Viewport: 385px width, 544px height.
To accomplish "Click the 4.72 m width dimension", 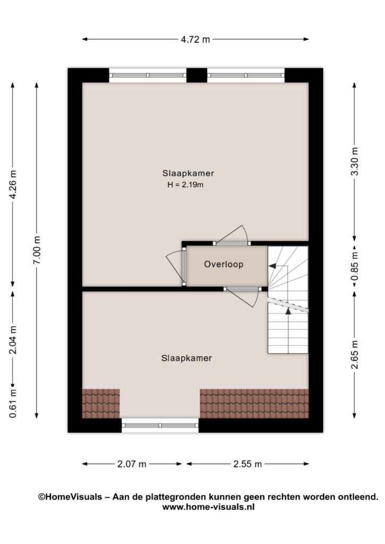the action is (195, 39).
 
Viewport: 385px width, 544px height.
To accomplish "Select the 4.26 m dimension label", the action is (13, 184).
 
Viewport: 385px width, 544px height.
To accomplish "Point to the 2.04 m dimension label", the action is (13, 339).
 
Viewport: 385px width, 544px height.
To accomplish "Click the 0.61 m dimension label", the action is (13, 403).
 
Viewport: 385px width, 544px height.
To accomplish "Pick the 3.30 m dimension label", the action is (355, 161).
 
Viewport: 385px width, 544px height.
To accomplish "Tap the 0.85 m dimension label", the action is (355, 266).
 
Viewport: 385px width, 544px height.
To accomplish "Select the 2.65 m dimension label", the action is (355, 354).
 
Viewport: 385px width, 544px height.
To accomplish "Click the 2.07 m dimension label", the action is (131, 464).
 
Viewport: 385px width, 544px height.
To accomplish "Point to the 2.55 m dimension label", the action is (247, 464).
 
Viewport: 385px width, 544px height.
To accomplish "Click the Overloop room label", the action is (223, 265).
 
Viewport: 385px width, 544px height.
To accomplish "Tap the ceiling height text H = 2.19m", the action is (186, 184).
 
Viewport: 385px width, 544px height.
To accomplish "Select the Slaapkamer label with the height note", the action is (188, 173).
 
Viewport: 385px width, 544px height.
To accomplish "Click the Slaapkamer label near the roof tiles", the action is (187, 358).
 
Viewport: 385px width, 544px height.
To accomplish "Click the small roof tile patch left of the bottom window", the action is (101, 404).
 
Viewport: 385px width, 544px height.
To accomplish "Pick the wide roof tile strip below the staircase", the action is (255, 404).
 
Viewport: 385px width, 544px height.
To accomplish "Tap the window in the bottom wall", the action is (160, 426).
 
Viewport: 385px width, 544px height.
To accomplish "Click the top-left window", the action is (148, 75).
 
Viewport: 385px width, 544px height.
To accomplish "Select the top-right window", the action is (246, 75).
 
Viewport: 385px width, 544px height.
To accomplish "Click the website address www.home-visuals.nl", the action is (208, 507).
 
